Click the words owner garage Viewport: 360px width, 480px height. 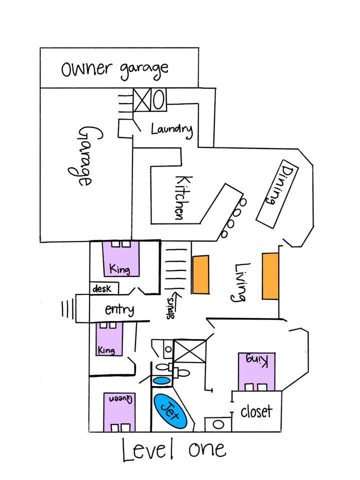(114, 68)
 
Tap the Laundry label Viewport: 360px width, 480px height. (171, 129)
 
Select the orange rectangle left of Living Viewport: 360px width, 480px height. (200, 274)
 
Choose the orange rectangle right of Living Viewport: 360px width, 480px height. (269, 276)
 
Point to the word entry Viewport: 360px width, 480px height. (119, 309)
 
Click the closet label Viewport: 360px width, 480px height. (256, 411)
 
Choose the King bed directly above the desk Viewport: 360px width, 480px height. (121, 258)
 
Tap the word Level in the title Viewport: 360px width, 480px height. (148, 449)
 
